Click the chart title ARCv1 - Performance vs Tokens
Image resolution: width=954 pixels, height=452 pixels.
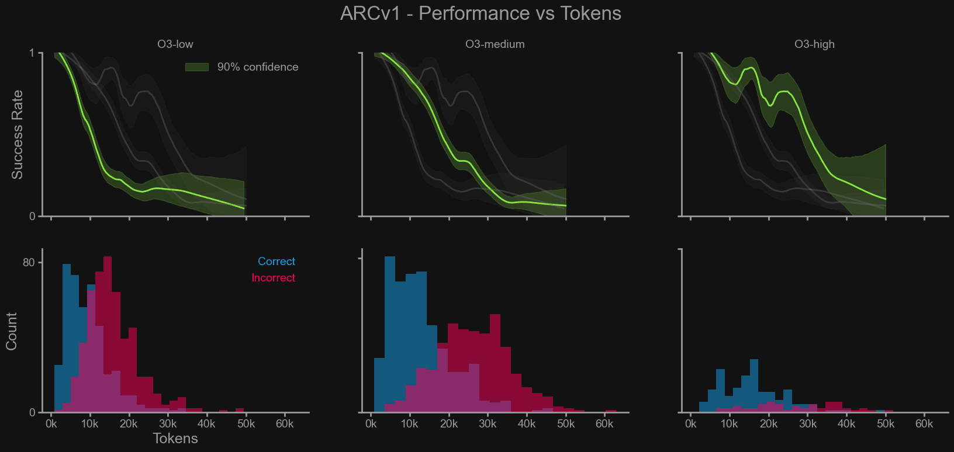[481, 13]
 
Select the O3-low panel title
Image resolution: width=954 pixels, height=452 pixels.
[175, 44]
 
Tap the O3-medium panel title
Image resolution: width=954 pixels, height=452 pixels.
[495, 44]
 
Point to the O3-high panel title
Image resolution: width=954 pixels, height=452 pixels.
[814, 44]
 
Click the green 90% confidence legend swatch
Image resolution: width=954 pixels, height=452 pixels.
[197, 67]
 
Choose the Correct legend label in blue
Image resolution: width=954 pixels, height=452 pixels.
[276, 262]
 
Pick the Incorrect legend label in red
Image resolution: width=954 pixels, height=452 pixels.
[273, 278]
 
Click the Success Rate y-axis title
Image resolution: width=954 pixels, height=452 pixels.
[17, 134]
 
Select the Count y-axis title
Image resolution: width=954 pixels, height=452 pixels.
[11, 331]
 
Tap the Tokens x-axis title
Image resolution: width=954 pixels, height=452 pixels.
[175, 439]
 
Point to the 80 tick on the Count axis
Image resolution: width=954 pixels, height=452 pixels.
[29, 263]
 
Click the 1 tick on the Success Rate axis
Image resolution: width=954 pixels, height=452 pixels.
[32, 54]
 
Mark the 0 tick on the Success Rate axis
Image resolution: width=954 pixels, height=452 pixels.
[32, 217]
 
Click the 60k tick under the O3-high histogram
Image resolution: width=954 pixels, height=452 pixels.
[924, 424]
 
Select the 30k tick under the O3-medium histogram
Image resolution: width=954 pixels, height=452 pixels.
[488, 424]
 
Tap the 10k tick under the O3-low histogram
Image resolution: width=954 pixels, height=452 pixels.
[90, 424]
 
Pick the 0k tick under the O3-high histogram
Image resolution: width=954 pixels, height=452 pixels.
[690, 424]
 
